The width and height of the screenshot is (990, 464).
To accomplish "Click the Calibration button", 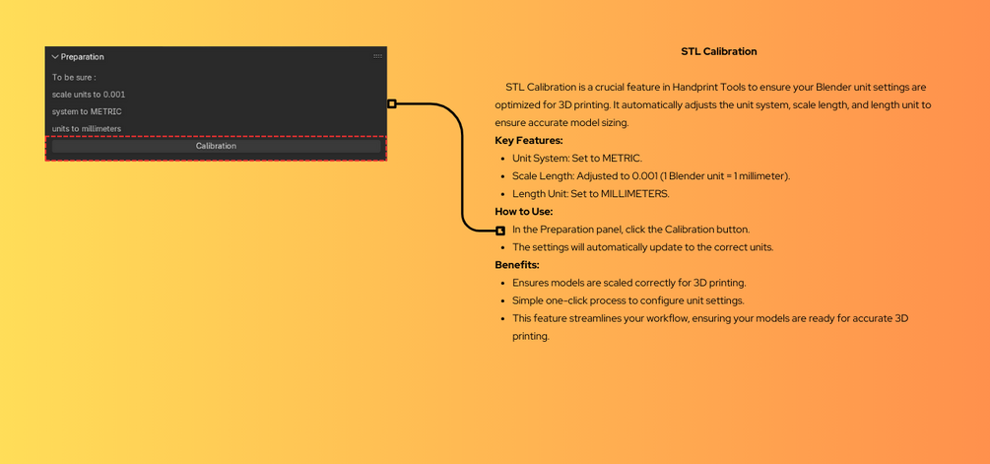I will click(x=216, y=146).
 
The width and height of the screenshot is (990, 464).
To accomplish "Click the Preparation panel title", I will click(x=83, y=57).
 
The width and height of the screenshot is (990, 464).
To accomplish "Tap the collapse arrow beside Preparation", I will click(x=55, y=57).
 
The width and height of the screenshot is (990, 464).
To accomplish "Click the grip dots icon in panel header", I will click(x=377, y=56).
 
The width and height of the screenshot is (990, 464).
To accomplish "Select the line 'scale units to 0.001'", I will click(x=89, y=95).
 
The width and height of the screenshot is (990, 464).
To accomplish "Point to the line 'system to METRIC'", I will click(x=87, y=111).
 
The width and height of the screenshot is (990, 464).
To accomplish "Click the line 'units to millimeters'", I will click(x=87, y=129).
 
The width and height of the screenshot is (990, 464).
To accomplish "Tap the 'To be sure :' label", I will click(x=74, y=77).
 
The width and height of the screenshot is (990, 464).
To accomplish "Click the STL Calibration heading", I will click(x=718, y=51).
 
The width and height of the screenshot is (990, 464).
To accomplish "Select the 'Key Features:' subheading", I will click(x=529, y=140).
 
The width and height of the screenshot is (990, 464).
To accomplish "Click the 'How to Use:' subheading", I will click(x=524, y=211).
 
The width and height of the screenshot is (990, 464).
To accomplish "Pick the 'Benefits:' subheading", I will click(x=517, y=264).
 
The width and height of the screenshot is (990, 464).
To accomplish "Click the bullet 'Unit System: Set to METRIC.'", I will click(x=576, y=158).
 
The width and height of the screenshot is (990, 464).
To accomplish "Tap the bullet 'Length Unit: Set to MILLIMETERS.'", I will click(x=590, y=193).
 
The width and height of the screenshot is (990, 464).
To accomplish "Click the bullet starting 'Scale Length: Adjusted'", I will click(x=650, y=175).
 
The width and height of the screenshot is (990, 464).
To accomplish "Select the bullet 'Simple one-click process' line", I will click(x=627, y=300).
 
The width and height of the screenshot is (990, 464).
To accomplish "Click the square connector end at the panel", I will click(x=392, y=103).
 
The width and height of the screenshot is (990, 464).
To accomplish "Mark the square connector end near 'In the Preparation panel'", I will click(x=500, y=231).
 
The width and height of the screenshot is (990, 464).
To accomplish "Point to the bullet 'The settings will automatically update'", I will click(x=642, y=247).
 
